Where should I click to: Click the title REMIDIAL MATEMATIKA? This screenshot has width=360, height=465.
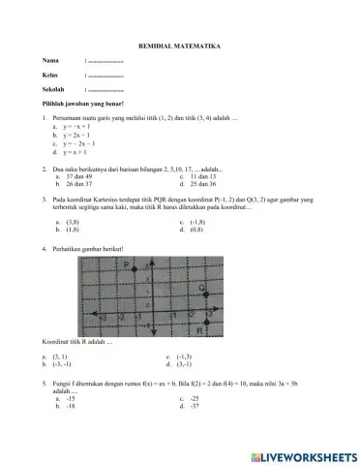(x=180, y=46)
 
